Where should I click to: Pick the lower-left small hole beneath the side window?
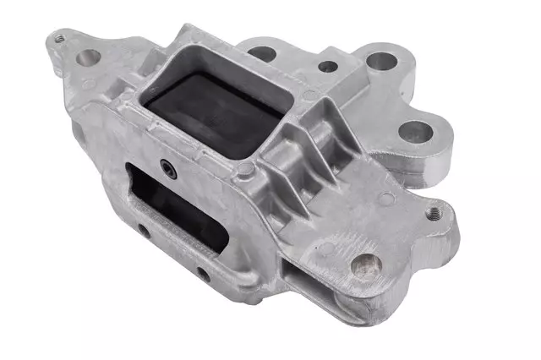pos(144,230)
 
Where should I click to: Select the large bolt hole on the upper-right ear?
pos(382,62)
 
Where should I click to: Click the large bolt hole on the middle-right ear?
pos(414,131)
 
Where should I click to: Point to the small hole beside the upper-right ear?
pos(325,65)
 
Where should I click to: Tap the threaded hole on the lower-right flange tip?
pos(434,212)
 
